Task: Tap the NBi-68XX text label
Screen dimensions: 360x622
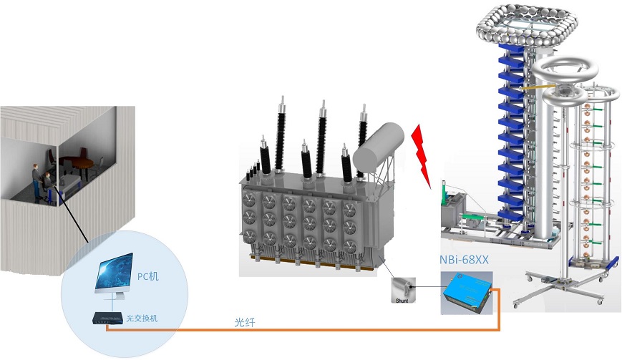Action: click(x=464, y=261)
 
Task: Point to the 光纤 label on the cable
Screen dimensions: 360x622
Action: click(x=245, y=323)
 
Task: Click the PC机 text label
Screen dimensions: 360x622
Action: click(x=148, y=275)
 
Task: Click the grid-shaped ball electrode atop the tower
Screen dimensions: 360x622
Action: click(x=524, y=21)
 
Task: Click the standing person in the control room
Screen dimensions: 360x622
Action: click(x=37, y=179)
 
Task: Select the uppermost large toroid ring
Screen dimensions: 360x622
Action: click(x=558, y=70)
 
